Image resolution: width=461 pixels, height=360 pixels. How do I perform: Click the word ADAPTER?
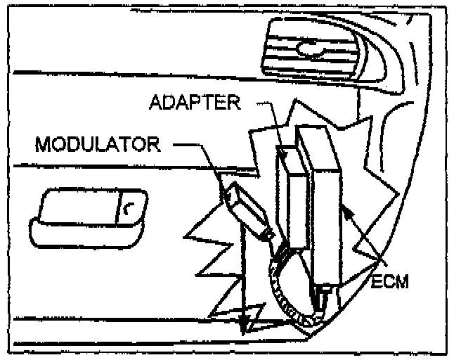[195, 103]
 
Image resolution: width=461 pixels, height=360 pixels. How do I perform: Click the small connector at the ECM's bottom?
[325, 295]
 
